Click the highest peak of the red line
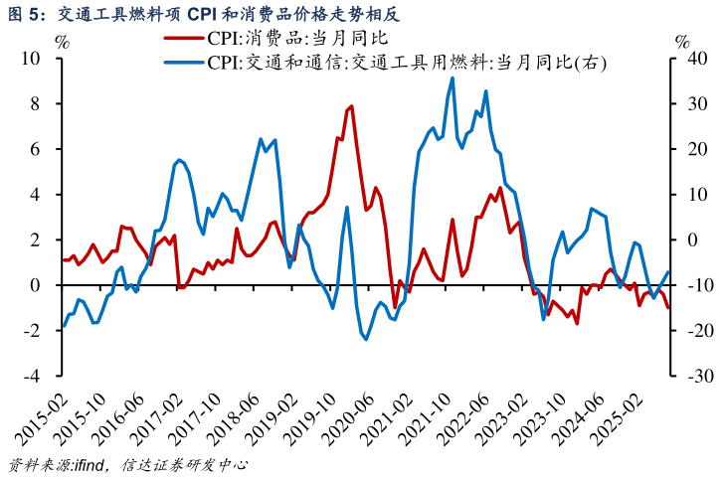tap(351, 105)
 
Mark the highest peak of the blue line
tap(453, 78)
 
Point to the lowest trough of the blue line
tap(366, 340)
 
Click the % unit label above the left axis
tap(62, 42)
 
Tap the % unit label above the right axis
tap(681, 42)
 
